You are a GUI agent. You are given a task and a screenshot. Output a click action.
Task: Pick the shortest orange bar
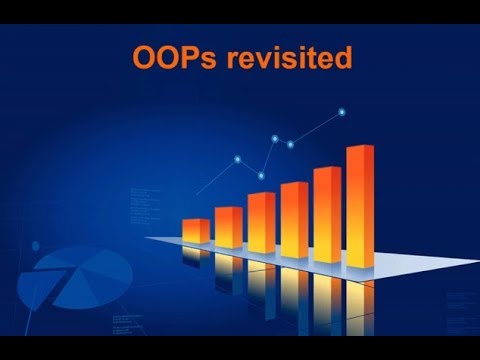click(196, 230)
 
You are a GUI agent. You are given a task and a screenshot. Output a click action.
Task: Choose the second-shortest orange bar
click(229, 227)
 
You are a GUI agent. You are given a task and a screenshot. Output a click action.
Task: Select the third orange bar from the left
click(262, 220)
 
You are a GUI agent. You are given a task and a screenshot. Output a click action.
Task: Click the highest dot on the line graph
click(342, 111)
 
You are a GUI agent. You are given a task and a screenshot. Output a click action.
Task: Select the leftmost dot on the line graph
click(236, 159)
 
